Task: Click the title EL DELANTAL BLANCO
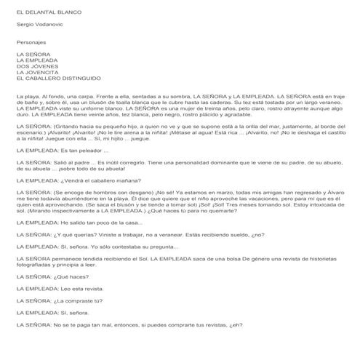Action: click(x=48, y=12)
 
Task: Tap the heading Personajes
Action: click(x=31, y=42)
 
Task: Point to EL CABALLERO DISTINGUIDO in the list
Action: click(x=57, y=78)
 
